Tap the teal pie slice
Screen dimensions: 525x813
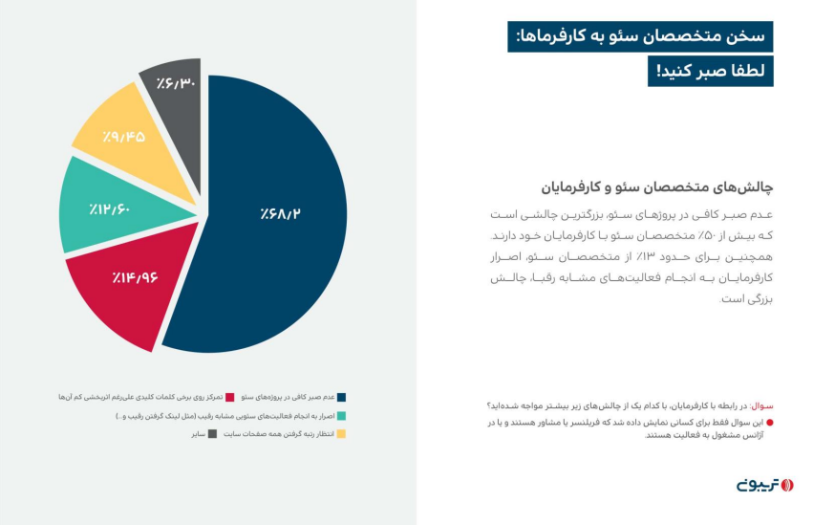(96, 206)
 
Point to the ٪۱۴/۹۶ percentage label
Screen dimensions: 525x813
(134, 278)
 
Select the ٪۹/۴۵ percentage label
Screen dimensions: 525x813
(124, 136)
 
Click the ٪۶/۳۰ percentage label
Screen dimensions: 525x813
(176, 83)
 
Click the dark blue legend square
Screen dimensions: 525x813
(341, 396)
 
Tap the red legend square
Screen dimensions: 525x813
(230, 396)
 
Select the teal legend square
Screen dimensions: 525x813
(341, 415)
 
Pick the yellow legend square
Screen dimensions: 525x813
(341, 434)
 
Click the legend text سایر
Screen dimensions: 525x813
(198, 434)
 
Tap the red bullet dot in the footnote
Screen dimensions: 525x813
(770, 422)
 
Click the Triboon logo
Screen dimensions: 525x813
(764, 485)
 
